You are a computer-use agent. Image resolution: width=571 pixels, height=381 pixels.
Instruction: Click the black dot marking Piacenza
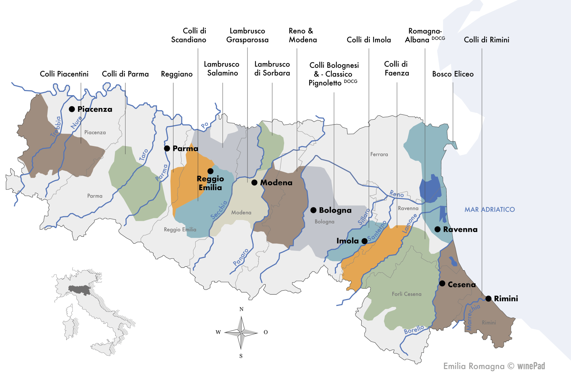click(x=72, y=109)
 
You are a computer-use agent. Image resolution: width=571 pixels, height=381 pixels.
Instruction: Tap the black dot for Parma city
click(x=167, y=149)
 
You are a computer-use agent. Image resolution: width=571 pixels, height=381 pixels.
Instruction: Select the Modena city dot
click(x=254, y=183)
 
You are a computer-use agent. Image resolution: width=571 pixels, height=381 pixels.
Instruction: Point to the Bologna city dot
click(x=313, y=210)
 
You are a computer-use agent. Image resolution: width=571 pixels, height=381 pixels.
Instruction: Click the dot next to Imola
click(x=364, y=241)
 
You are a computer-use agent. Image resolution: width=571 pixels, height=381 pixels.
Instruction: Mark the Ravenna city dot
click(x=437, y=229)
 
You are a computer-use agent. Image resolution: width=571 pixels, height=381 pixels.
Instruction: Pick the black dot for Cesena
click(x=442, y=284)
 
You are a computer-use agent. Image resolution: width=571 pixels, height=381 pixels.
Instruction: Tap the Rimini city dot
click(x=489, y=298)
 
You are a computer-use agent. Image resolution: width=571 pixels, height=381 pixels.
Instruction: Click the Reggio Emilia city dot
click(x=210, y=171)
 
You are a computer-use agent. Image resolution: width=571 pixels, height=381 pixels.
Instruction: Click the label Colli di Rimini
click(x=486, y=40)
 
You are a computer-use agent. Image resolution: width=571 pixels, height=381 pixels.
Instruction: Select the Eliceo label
click(x=464, y=74)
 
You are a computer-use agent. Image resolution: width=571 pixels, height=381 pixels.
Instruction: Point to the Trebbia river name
click(x=56, y=126)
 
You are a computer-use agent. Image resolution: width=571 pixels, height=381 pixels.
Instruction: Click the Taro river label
click(x=144, y=155)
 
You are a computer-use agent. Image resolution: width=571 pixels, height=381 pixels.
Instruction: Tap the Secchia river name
click(x=219, y=210)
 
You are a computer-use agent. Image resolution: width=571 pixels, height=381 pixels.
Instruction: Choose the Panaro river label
click(x=241, y=257)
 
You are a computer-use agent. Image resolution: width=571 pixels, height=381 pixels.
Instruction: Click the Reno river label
click(x=397, y=194)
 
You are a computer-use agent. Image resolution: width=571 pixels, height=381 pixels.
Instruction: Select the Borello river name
click(x=414, y=330)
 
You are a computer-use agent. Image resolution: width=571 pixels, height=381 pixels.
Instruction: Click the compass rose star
click(x=241, y=332)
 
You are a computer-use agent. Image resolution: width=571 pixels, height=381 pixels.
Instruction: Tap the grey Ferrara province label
click(x=379, y=154)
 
